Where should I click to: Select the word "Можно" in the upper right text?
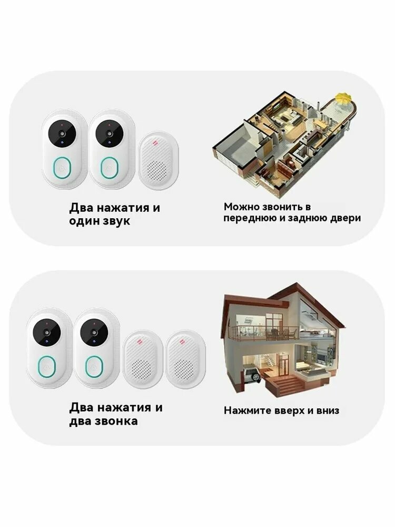pyautogui.click(x=240, y=207)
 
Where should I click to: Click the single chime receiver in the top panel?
pyautogui.click(x=159, y=161)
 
